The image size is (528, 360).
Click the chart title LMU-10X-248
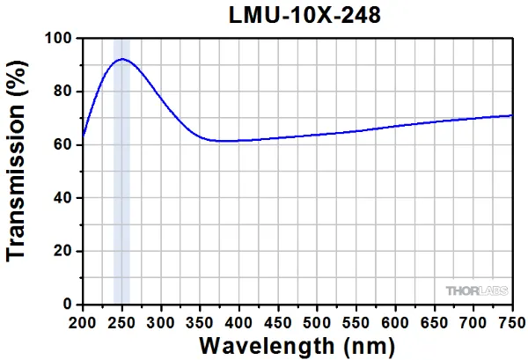click(x=297, y=16)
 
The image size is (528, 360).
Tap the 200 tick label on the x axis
click(x=82, y=320)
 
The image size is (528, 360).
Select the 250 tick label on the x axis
click(x=121, y=320)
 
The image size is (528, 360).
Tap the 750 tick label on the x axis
click(x=510, y=320)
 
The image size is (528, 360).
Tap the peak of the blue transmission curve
click(x=121, y=59)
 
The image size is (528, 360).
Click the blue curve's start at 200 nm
click(x=83, y=138)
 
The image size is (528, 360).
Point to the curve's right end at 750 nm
click(x=512, y=115)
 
